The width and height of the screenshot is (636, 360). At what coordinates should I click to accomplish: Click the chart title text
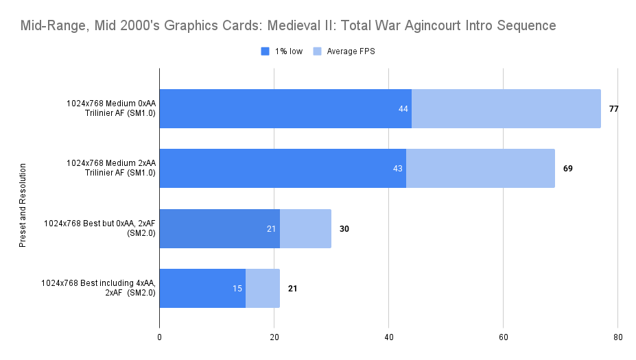pos(288,26)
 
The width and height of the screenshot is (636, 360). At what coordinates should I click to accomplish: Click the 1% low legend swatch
pos(266,51)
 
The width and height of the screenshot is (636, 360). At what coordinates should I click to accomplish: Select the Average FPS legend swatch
pos(317,51)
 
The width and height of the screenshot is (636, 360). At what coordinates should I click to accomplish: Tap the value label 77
pos(613,108)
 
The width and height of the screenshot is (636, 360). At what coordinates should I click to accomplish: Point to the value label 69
pos(567,168)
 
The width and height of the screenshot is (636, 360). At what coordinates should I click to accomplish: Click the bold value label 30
pos(344,228)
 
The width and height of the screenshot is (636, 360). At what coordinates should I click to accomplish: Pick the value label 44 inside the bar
pos(403,108)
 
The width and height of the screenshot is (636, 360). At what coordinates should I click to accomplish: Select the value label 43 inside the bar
pos(397,168)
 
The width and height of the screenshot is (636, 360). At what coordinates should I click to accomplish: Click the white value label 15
pos(237,288)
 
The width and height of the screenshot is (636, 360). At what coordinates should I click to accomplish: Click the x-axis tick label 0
pos(159,338)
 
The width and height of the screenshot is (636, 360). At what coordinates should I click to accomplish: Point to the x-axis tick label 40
pos(388,338)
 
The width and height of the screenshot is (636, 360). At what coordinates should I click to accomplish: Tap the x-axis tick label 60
pos(503,338)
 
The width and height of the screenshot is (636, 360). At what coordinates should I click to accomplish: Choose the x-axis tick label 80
pos(617,338)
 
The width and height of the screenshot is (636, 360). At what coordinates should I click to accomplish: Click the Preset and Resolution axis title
pos(23,205)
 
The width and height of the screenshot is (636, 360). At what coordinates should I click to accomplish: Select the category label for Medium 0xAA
pos(110,108)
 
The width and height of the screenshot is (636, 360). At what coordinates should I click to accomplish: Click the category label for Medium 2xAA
pos(110,168)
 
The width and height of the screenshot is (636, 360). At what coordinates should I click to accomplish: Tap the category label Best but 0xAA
pos(99,228)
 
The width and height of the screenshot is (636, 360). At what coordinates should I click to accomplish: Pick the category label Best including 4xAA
pos(98,288)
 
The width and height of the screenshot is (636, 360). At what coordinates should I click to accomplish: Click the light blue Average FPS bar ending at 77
pos(506,108)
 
